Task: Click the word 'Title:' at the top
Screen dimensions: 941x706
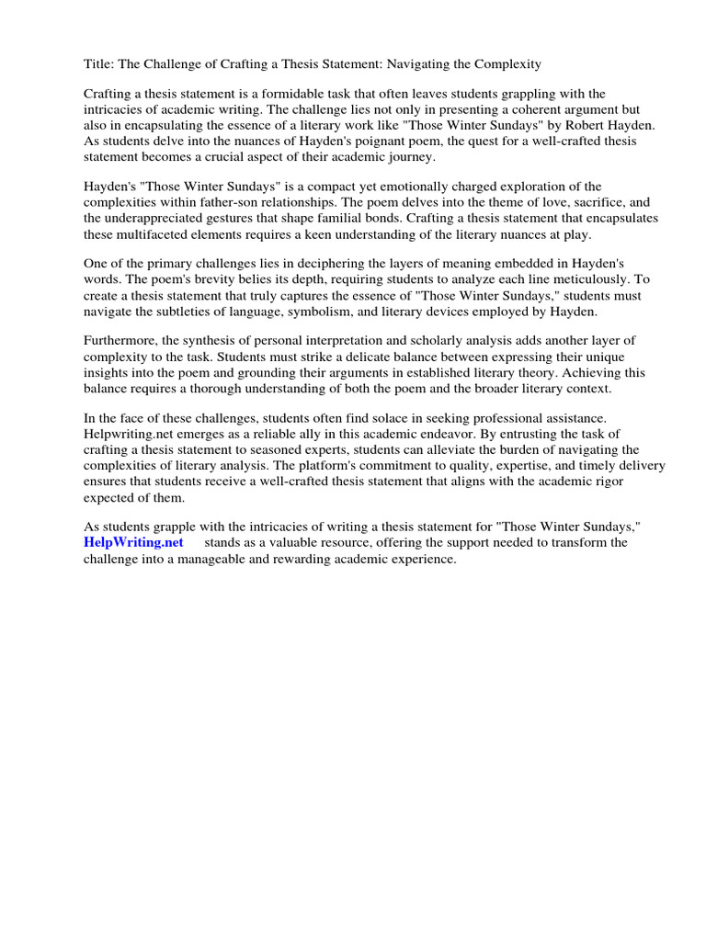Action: [100, 64]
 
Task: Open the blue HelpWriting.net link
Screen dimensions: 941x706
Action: [133, 543]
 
